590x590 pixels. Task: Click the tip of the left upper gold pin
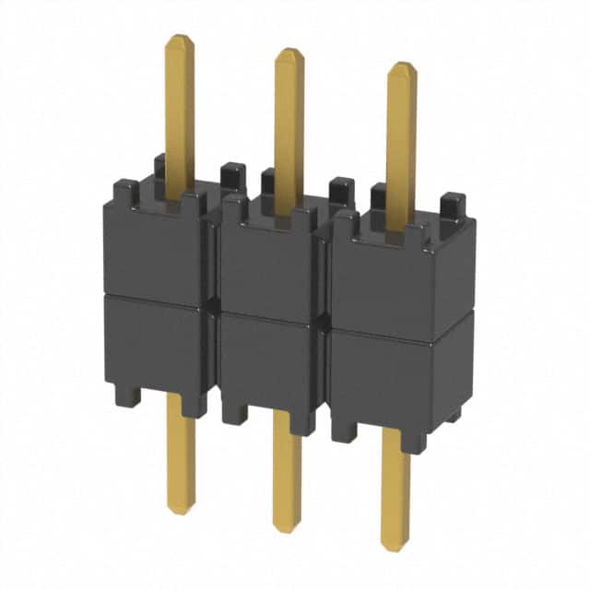pyautogui.click(x=179, y=39)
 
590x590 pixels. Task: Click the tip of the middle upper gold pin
pyautogui.click(x=289, y=52)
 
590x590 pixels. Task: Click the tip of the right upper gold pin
pyautogui.click(x=401, y=66)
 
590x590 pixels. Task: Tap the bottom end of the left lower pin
pyautogui.click(x=181, y=510)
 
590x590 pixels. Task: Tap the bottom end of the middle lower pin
pyautogui.click(x=287, y=528)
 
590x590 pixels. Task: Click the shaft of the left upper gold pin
pyautogui.click(x=180, y=111)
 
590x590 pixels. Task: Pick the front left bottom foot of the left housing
pyautogui.click(x=127, y=396)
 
